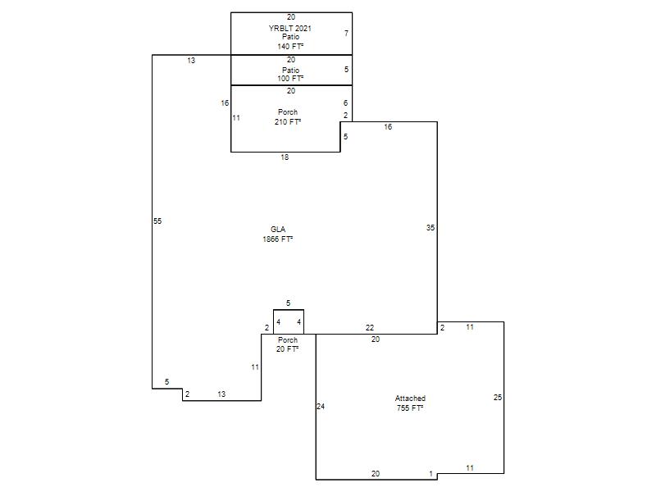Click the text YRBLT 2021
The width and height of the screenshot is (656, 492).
(290, 29)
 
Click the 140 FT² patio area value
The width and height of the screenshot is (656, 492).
(290, 46)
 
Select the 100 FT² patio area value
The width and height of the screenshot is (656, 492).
(290, 78)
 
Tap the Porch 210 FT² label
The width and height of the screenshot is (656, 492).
(288, 117)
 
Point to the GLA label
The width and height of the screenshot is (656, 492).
(278, 230)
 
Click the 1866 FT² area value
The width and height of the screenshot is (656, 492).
(278, 239)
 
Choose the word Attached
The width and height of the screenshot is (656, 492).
(410, 399)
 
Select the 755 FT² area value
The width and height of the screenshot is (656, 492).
(410, 408)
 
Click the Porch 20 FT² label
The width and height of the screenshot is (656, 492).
(288, 344)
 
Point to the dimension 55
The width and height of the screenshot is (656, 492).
(157, 221)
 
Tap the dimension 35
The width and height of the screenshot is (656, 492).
(430, 228)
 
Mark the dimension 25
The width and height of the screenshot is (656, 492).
(498, 398)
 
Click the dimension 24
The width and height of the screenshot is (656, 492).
(321, 406)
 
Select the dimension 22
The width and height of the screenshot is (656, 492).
(370, 327)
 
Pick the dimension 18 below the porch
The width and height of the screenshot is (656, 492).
(285, 157)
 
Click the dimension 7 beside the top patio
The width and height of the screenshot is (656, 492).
(346, 33)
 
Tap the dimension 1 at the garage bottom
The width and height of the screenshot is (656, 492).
(431, 474)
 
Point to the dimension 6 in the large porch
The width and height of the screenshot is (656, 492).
(345, 103)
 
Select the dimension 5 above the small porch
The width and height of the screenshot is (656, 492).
(288, 303)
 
